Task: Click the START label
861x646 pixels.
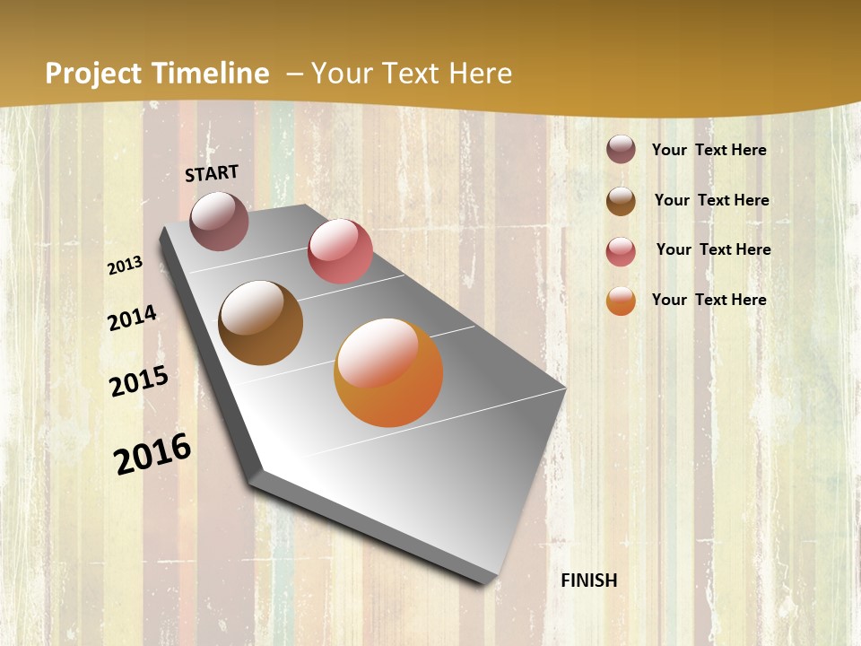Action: click(x=212, y=173)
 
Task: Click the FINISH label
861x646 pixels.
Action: click(x=588, y=581)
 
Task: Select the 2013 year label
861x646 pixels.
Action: click(x=126, y=266)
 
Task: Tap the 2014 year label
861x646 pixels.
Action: click(x=132, y=319)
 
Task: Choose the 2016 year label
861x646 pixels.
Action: click(x=152, y=454)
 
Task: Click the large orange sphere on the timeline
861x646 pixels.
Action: click(x=388, y=372)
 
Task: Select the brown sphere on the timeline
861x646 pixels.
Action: click(x=260, y=323)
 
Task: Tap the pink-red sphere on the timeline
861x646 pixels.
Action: click(x=340, y=251)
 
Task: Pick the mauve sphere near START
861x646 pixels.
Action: click(x=219, y=221)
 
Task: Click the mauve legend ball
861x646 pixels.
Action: click(x=621, y=149)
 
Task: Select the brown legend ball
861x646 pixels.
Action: click(x=621, y=200)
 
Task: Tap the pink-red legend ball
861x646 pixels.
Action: click(x=621, y=250)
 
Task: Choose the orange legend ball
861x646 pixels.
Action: click(x=621, y=301)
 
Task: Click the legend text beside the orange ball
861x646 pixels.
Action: click(x=709, y=300)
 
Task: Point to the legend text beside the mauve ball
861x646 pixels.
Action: click(x=709, y=150)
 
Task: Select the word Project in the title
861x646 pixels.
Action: click(x=91, y=74)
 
